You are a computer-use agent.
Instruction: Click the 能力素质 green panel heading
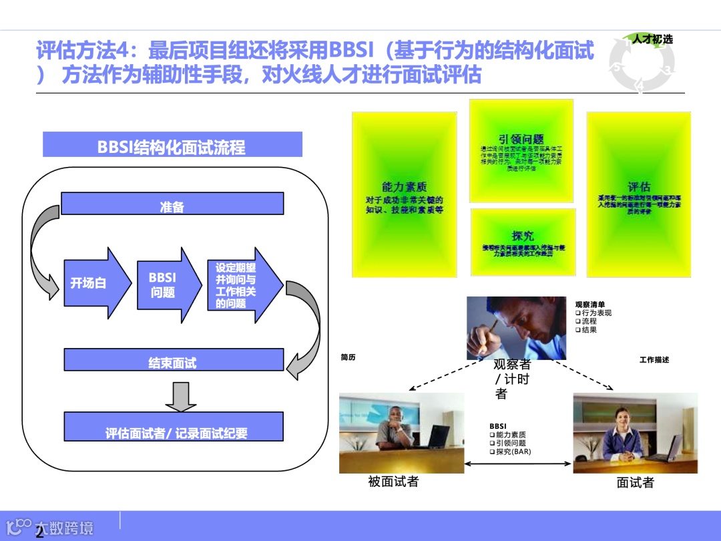tap(404, 187)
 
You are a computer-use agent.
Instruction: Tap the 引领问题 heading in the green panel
tap(521, 139)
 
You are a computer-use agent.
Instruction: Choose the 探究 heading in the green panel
tap(523, 235)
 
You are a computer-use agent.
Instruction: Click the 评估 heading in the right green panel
tap(639, 186)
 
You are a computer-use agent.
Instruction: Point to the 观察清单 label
tap(590, 305)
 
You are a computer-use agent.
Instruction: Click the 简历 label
tap(348, 357)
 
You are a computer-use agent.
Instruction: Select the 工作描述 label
tap(654, 360)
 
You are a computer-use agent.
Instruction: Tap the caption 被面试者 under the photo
tap(394, 482)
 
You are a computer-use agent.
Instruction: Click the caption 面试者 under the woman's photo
tap(636, 483)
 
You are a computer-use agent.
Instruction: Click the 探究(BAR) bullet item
tap(513, 452)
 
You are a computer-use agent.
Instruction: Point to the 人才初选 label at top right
tap(652, 39)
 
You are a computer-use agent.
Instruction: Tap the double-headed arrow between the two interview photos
tap(518, 463)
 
